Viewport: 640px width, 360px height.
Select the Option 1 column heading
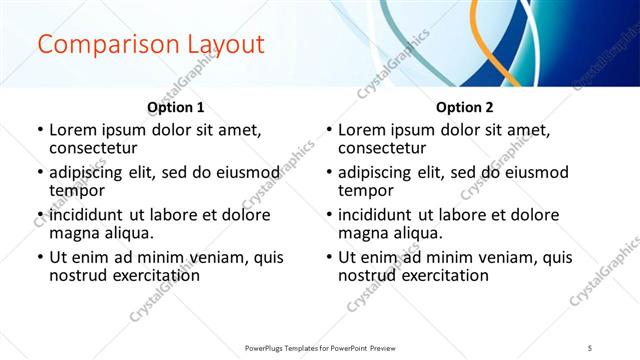click(x=176, y=107)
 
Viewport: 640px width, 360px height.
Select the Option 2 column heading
click(x=464, y=107)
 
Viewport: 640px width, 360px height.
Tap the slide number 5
click(x=590, y=348)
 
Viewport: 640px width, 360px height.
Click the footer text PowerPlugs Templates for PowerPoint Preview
click(x=319, y=348)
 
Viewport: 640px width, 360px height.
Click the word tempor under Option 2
click(x=365, y=190)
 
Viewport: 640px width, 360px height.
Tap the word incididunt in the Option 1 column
click(x=86, y=215)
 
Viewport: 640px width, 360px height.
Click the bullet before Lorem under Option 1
click(x=40, y=130)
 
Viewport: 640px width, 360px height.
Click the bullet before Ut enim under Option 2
click(x=329, y=257)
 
